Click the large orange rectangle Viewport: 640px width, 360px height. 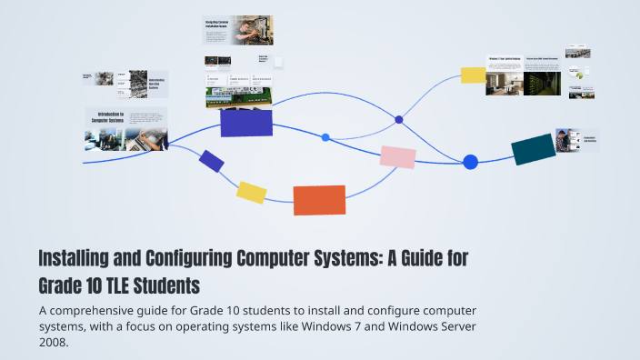pos(319,200)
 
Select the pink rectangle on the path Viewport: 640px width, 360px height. pos(397,157)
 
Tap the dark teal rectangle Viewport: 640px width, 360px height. pos(533,149)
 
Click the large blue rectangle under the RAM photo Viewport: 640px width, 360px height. pos(246,122)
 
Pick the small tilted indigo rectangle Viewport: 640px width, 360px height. pos(212,161)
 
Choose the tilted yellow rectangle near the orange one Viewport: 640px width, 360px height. pos(251,192)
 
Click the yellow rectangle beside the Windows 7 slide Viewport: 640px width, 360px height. pos(473,75)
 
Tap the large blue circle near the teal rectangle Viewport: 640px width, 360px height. pos(470,162)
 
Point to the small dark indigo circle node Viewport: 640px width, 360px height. pos(398,119)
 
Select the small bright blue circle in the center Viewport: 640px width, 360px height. pos(325,137)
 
